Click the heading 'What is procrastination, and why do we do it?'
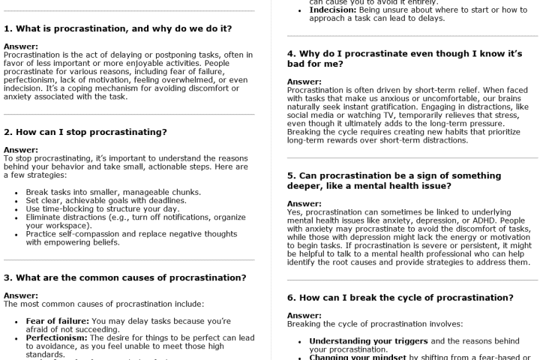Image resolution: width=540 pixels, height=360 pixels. (x=118, y=29)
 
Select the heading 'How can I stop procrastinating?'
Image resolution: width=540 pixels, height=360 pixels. (x=85, y=132)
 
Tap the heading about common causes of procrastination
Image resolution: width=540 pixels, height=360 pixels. (x=124, y=277)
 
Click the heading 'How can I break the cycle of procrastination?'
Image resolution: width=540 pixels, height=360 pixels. (x=400, y=298)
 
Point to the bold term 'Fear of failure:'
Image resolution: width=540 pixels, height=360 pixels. (x=57, y=321)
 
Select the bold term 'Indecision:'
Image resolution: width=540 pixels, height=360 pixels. (x=335, y=9)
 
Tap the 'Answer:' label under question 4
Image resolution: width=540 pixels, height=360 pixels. (x=304, y=82)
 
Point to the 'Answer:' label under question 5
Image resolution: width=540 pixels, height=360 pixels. (x=304, y=203)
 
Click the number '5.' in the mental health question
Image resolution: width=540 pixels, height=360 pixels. (x=292, y=175)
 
